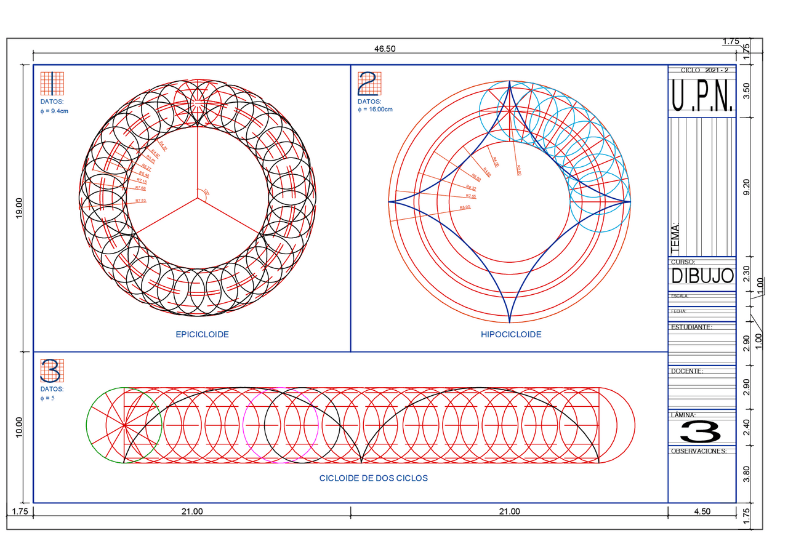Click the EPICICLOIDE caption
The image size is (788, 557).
click(202, 334)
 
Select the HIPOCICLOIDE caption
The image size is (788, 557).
click(511, 334)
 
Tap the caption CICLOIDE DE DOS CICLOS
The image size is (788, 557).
click(373, 478)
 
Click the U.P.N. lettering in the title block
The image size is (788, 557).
click(702, 96)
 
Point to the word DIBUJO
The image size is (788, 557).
click(702, 276)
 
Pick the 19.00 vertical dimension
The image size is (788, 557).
click(19, 207)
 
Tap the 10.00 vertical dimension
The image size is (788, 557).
click(19, 427)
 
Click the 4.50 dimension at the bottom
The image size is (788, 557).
click(702, 511)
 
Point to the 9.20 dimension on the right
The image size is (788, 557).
click(747, 187)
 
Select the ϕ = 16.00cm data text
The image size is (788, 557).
click(375, 110)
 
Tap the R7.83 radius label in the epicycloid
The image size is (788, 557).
click(140, 201)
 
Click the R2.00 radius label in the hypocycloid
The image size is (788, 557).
click(518, 170)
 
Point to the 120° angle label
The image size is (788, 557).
click(207, 193)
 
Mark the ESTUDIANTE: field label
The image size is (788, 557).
click(691, 327)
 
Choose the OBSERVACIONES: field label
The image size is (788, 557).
click(699, 451)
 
